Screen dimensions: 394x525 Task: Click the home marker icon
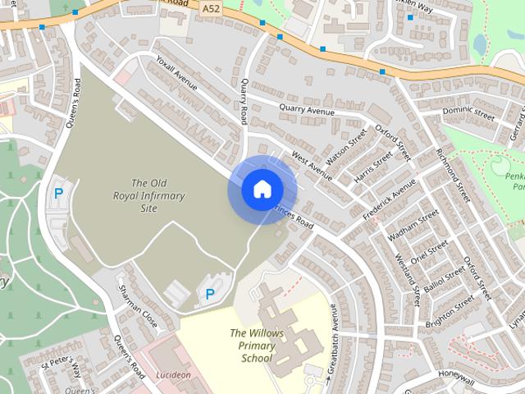click(x=262, y=189)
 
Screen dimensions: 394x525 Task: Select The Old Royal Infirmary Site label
click(x=148, y=195)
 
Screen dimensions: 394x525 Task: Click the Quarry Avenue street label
click(x=307, y=108)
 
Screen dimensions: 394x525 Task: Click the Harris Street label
click(x=371, y=167)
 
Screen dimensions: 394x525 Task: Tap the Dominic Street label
click(x=468, y=113)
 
